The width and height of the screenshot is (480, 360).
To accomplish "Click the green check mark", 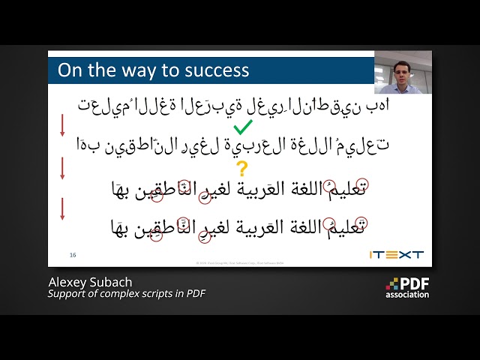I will click(x=243, y=127).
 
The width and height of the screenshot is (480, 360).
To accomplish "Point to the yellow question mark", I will click(x=241, y=168).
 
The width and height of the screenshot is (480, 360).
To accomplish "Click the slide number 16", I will click(x=73, y=254).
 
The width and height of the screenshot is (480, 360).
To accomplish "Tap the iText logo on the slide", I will click(x=396, y=254).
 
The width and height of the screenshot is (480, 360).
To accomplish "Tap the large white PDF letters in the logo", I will click(x=415, y=283).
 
